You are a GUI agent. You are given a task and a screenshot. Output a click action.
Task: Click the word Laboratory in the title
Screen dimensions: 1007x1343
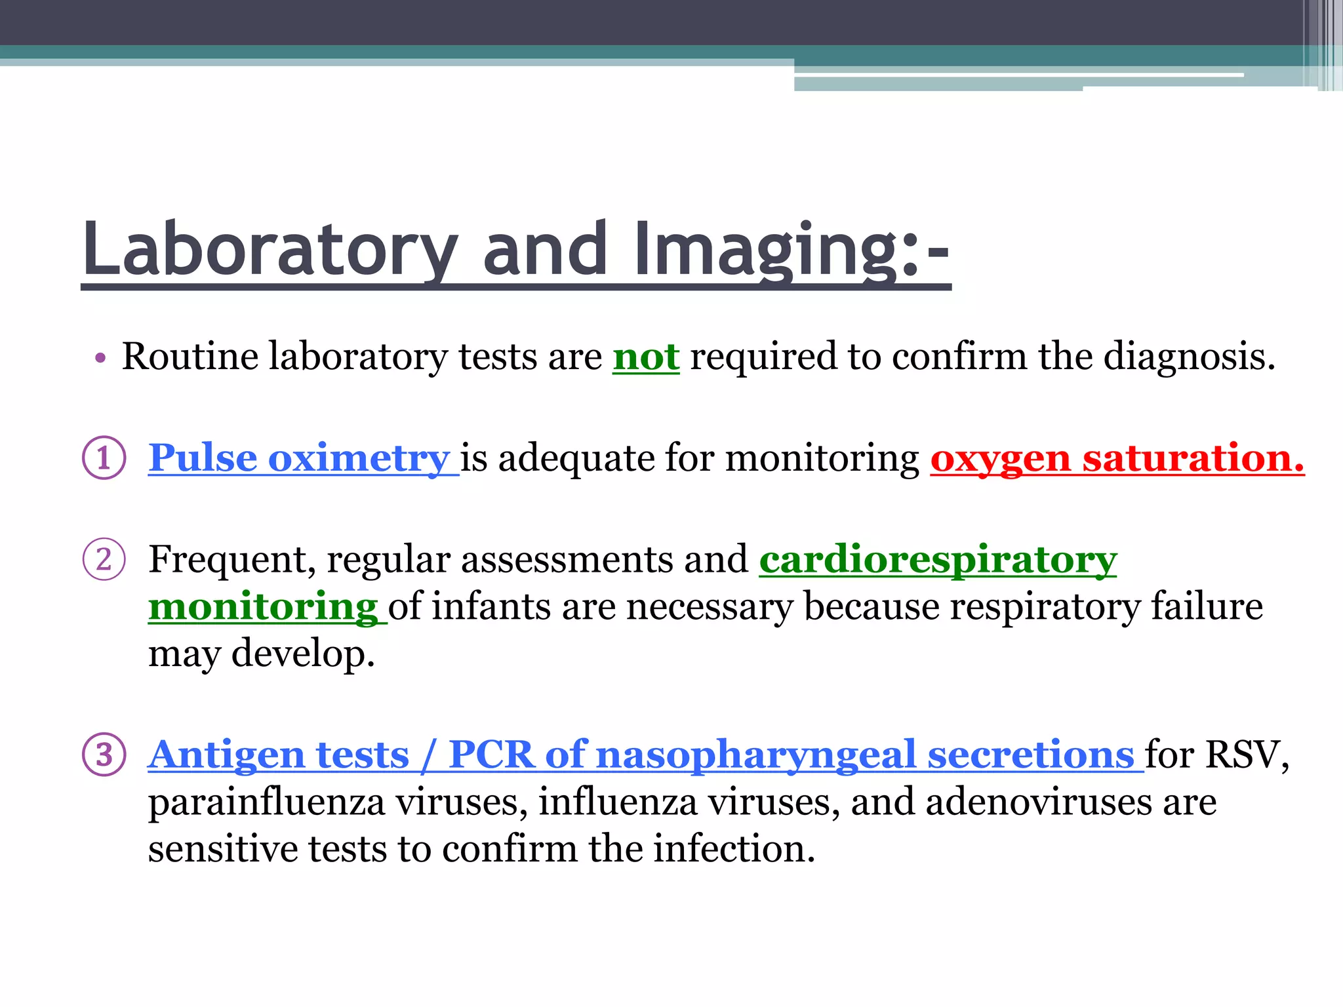[x=270, y=250]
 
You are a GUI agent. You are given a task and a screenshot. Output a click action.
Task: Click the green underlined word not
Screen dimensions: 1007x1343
[x=646, y=357]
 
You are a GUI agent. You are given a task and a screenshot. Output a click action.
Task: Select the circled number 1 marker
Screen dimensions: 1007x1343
[x=104, y=458]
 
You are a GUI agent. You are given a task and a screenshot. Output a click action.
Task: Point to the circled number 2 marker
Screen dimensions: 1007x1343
[x=104, y=559]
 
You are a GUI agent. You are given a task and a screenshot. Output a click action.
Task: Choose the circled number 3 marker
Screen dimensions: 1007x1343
[x=104, y=754]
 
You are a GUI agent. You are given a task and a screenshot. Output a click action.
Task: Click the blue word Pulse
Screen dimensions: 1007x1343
[x=202, y=458]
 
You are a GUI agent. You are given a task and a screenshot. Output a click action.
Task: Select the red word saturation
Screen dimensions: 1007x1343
[x=1193, y=458]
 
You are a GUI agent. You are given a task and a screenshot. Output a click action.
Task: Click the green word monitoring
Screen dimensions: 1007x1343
[x=263, y=607]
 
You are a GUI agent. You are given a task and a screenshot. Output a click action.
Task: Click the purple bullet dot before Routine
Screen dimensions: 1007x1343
[x=100, y=359]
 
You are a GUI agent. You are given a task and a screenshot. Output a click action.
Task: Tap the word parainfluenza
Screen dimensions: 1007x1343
[x=266, y=802]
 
